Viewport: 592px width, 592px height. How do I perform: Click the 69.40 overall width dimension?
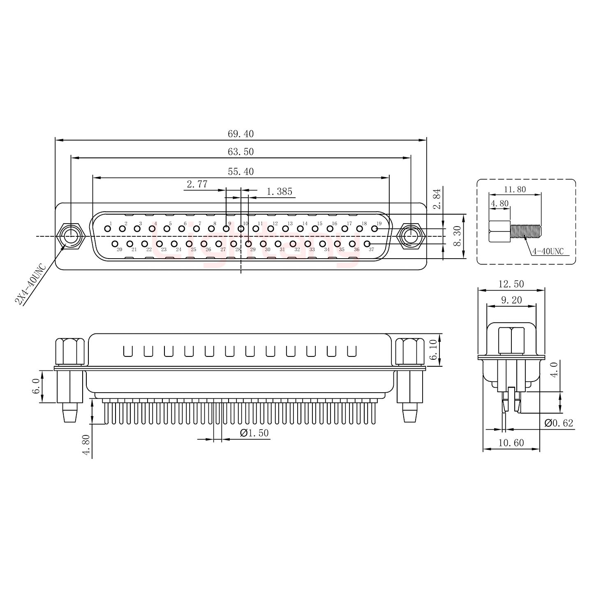[240, 134]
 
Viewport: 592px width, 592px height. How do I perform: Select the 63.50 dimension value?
[240, 151]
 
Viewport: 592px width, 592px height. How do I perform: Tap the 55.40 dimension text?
[240, 171]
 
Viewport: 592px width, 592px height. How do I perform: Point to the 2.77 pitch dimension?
[197, 184]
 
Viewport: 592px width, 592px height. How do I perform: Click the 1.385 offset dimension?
[279, 192]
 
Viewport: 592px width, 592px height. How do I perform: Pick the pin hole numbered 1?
[107, 229]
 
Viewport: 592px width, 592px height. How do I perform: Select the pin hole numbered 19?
[374, 229]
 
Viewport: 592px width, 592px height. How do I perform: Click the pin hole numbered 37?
[367, 244]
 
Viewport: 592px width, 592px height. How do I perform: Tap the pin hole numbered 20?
[115, 244]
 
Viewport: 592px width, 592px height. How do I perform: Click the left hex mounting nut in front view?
[71, 236]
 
